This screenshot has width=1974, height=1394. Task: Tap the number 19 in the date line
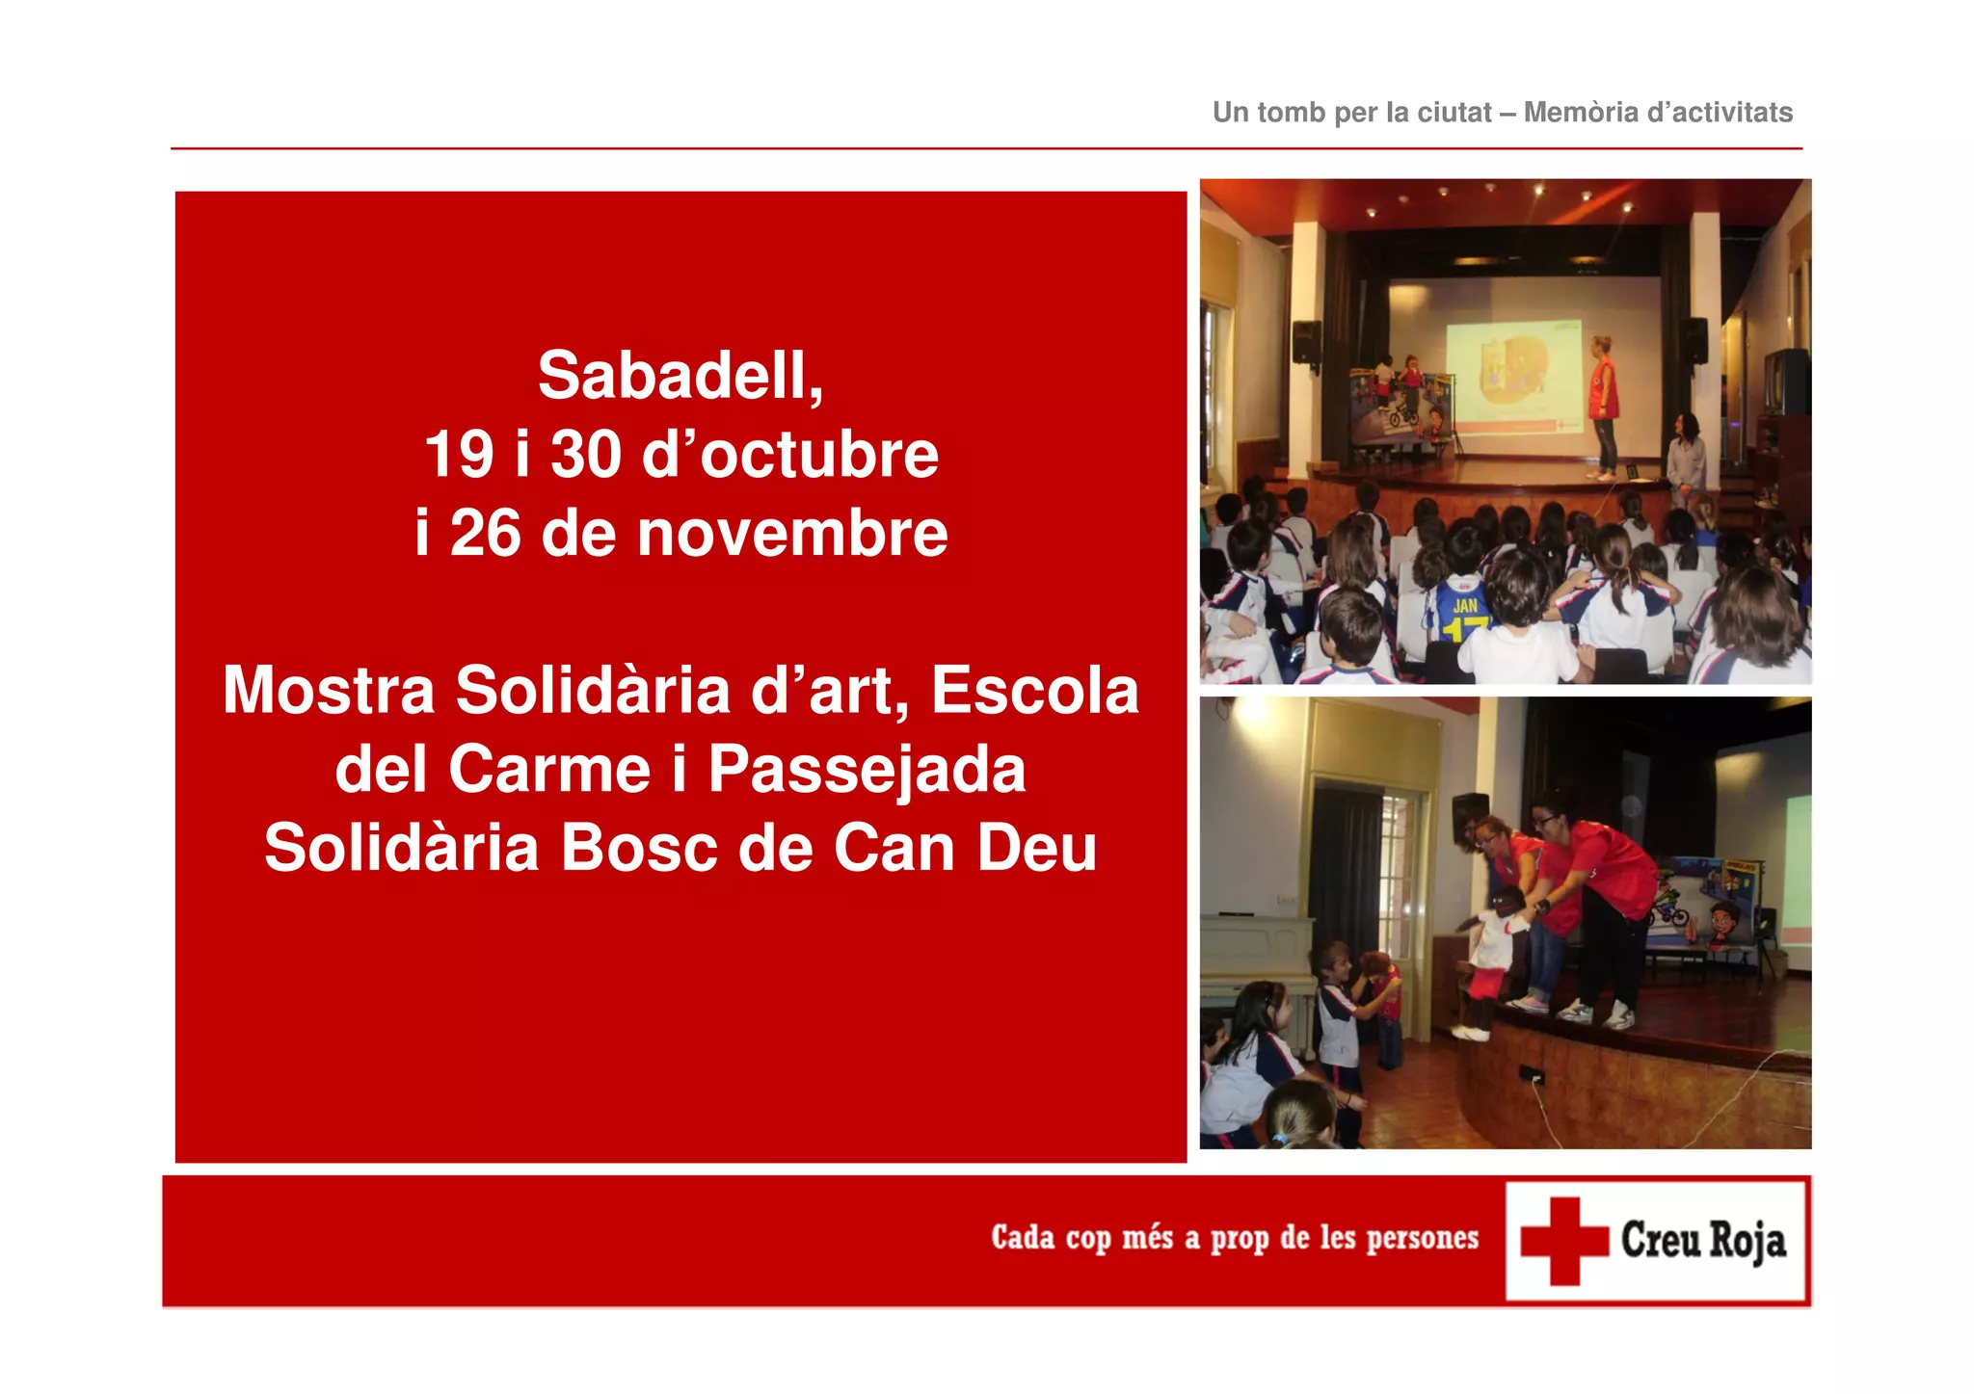point(460,455)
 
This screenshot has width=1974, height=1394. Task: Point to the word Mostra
point(329,691)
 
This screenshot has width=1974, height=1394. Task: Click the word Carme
point(549,770)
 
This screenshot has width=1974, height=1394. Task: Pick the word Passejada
point(867,772)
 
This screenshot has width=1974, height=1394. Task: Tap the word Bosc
point(639,849)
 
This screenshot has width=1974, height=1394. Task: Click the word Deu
point(1037,849)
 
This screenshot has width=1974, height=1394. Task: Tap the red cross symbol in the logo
point(1563,1241)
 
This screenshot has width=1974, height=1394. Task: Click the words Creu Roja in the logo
point(1703,1241)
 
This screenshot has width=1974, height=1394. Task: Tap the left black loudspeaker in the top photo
point(1306,342)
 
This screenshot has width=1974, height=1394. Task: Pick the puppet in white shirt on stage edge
point(1490,963)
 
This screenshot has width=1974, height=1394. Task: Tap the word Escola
point(1034,691)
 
